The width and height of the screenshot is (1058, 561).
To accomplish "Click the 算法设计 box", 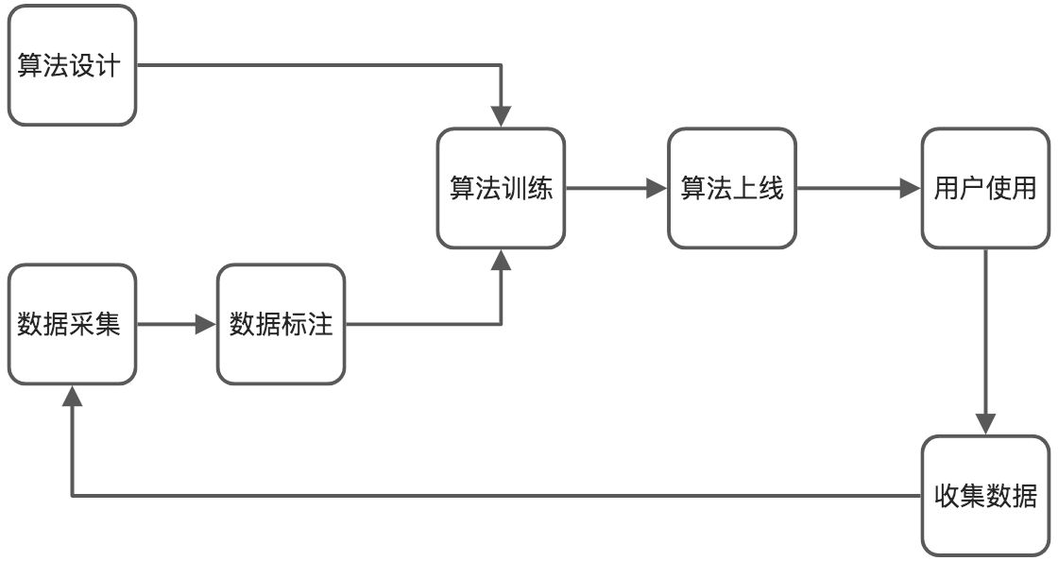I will click(72, 66).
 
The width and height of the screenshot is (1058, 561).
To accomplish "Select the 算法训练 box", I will click(501, 189).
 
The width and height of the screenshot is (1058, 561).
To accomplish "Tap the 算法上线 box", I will click(732, 189).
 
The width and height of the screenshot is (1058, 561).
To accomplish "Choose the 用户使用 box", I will click(985, 189).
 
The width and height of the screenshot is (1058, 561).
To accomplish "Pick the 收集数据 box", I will click(985, 496).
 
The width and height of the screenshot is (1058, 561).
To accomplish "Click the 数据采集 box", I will click(72, 325).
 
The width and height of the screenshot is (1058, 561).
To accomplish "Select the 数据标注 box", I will click(282, 325).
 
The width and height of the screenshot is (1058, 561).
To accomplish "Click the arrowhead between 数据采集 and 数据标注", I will click(206, 325).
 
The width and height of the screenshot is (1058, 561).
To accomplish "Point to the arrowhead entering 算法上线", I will click(657, 189).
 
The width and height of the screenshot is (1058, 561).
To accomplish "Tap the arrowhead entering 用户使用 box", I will click(910, 189).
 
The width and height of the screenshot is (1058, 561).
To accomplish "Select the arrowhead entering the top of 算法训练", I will click(501, 116).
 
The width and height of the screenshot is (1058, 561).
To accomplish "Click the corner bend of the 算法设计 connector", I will click(501, 66).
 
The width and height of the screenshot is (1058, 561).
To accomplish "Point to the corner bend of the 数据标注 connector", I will click(501, 325).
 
